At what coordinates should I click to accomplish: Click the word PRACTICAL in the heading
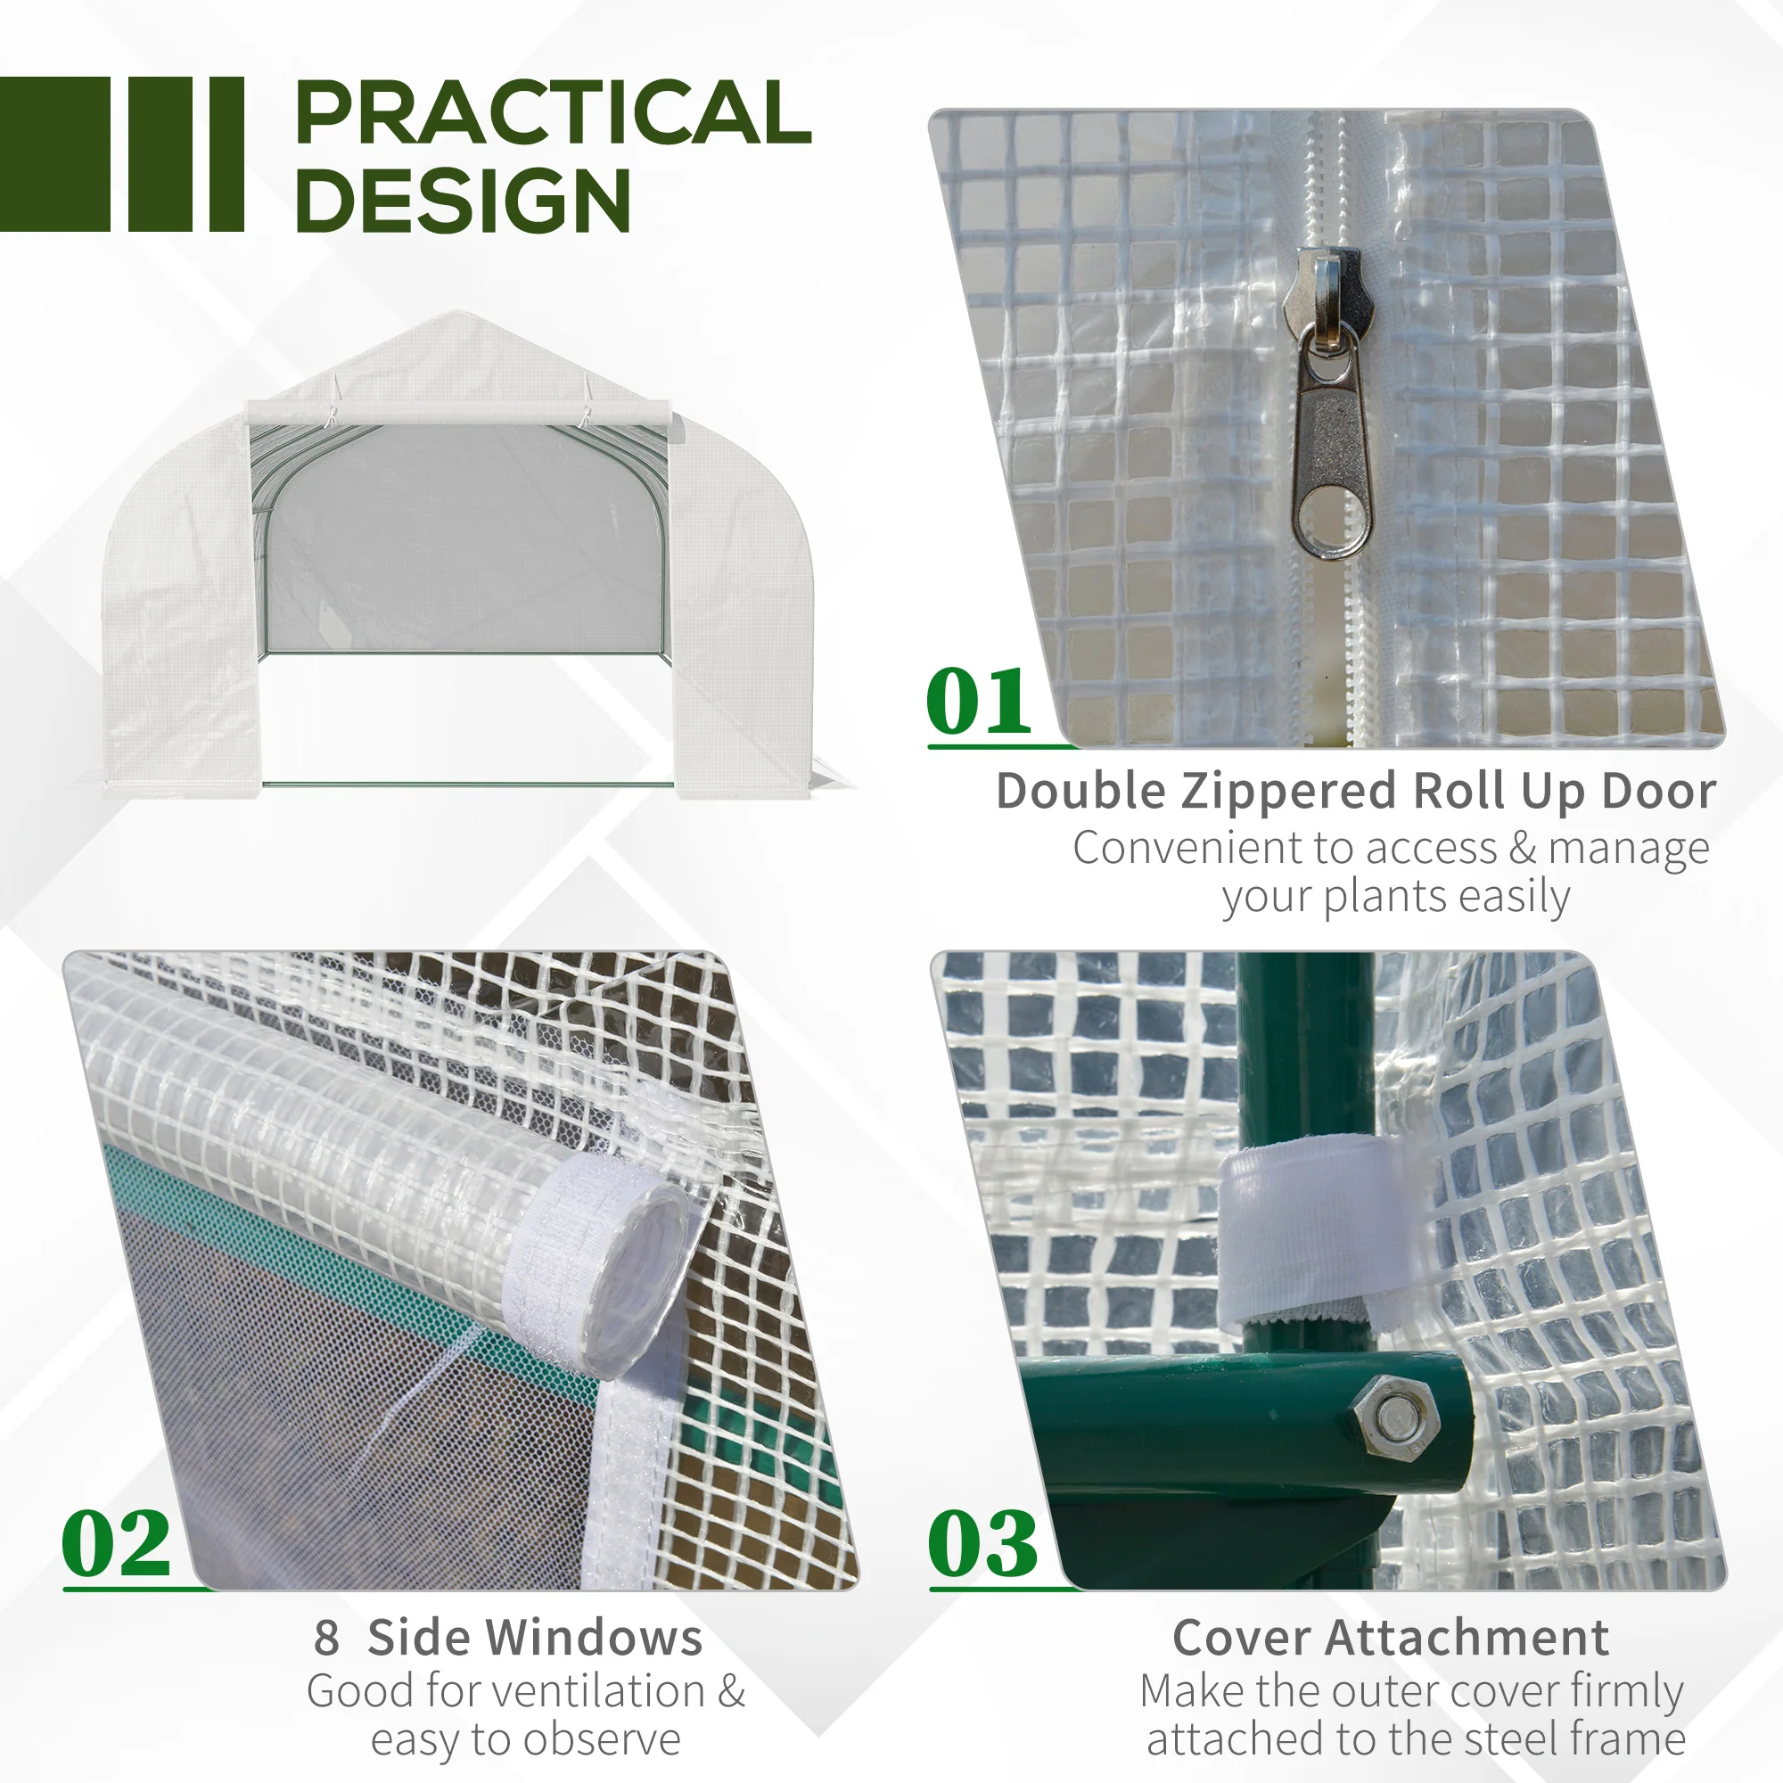coord(553,112)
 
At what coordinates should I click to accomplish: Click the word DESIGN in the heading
coord(464,201)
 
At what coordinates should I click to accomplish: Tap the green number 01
coord(978,702)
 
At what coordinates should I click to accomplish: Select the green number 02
coord(116,1544)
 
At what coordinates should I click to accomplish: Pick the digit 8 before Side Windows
coord(326,1638)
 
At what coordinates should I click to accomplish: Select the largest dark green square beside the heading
coord(55,154)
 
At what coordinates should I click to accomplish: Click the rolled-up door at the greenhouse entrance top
coord(458,413)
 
